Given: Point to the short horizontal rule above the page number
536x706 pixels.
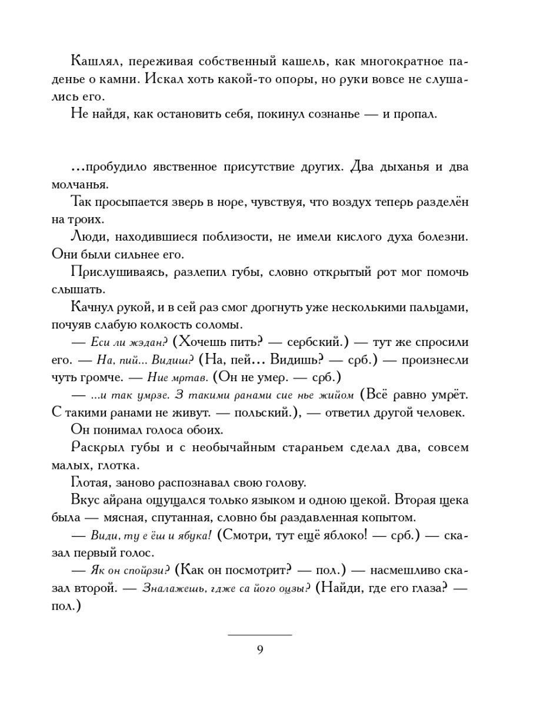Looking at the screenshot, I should tap(259, 635).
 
